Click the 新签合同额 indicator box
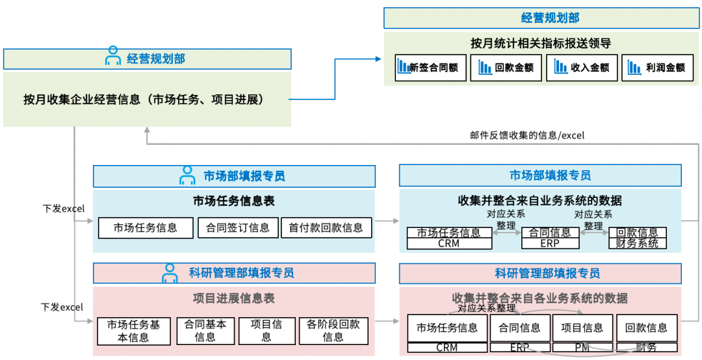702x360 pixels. pos(430,68)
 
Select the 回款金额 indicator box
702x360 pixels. pos(506,68)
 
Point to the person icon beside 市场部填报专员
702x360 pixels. pos(187,175)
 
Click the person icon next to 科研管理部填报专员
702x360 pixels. pos(170,273)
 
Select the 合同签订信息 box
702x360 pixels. pos(237,227)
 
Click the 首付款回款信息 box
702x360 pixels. pos(326,227)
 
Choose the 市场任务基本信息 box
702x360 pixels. pos(133,331)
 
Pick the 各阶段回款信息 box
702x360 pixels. pos(333,331)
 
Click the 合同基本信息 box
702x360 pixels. pos(205,331)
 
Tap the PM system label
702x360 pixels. pos(582,348)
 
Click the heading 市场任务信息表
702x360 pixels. pos(234,201)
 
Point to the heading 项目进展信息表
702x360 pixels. pos(234,298)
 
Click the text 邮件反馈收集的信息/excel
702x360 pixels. pos(527,135)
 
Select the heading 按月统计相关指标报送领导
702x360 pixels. pos(541,44)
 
